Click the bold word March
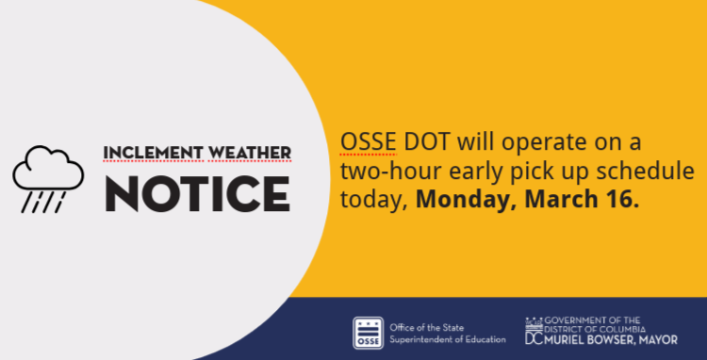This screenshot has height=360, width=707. click(554, 200)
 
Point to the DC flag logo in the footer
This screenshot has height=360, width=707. click(534, 331)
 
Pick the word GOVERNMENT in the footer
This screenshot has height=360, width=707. click(581, 320)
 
